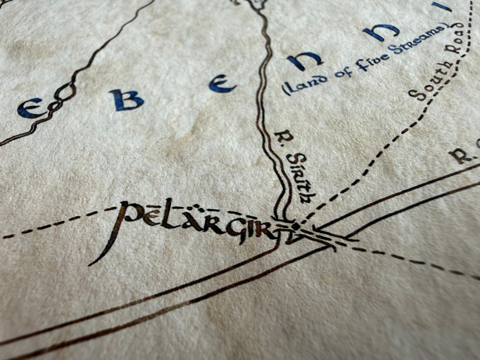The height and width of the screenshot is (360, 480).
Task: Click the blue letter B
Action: (x=128, y=100)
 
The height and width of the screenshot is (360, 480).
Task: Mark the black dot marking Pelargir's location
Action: (x=296, y=226)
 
